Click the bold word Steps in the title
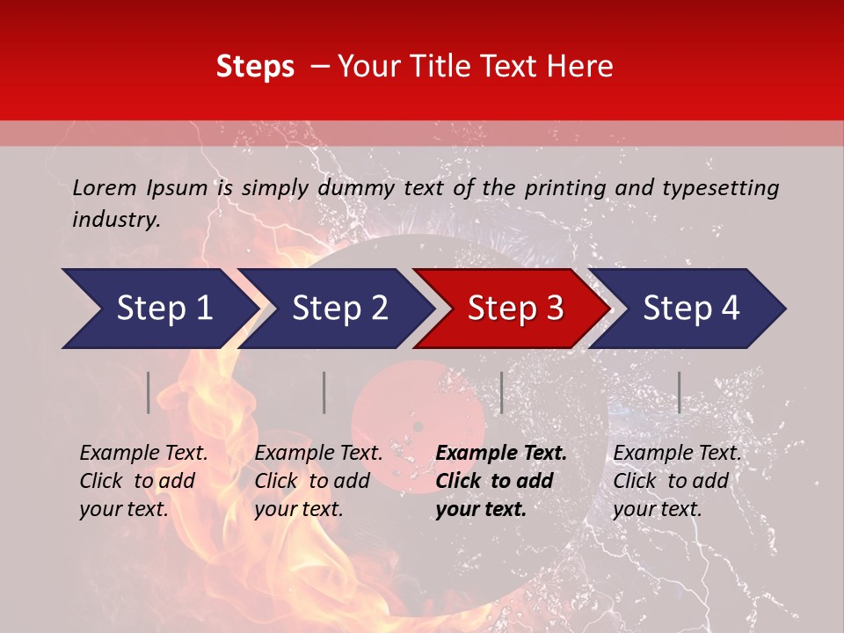pyautogui.click(x=255, y=67)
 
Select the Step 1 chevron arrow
pyautogui.click(x=158, y=309)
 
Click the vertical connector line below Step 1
pyautogui.click(x=149, y=392)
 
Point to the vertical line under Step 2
pyautogui.click(x=324, y=392)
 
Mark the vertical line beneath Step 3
pyautogui.click(x=501, y=392)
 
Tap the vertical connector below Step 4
pyautogui.click(x=679, y=392)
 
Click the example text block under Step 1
pyautogui.click(x=143, y=481)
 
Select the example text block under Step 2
pyautogui.click(x=318, y=481)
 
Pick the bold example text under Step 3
pyautogui.click(x=501, y=481)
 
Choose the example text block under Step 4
pyautogui.click(x=677, y=481)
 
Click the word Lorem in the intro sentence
pyautogui.click(x=105, y=187)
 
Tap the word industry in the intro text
pyautogui.click(x=116, y=220)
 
